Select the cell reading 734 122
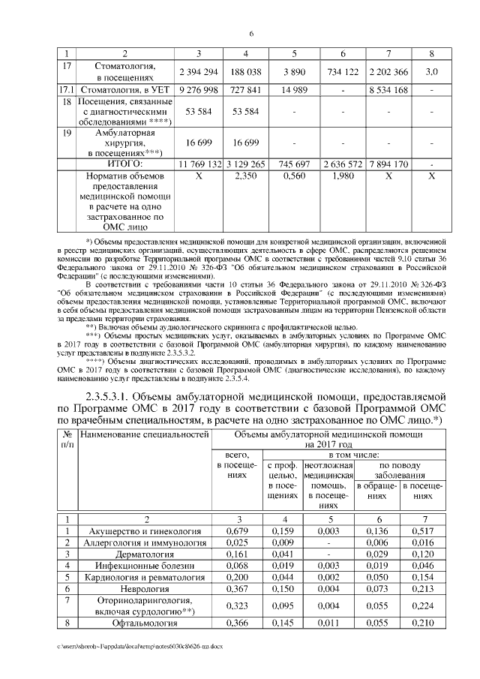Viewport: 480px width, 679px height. (x=342, y=71)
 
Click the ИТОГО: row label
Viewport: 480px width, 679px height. (x=125, y=163)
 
